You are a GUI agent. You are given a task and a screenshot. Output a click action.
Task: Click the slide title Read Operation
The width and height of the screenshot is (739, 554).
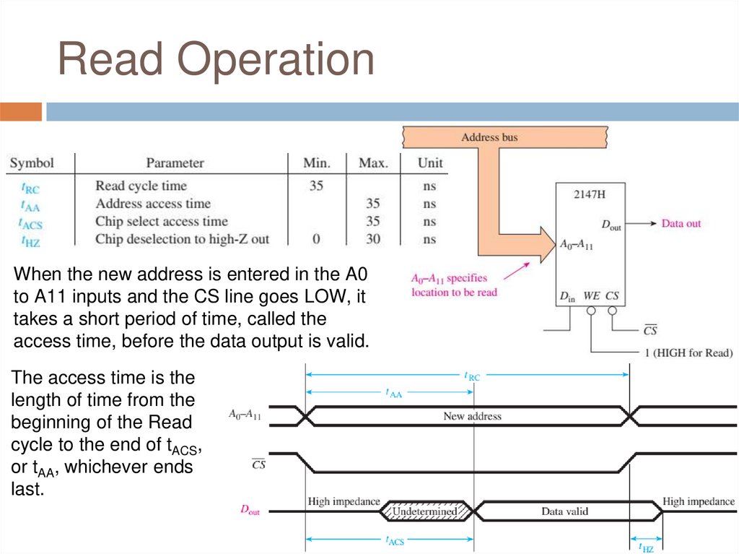pos(216,59)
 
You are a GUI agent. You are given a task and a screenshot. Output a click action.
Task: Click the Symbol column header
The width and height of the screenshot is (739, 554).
pos(32,163)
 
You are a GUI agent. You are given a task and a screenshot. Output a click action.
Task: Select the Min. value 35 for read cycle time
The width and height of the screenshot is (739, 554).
pos(316,186)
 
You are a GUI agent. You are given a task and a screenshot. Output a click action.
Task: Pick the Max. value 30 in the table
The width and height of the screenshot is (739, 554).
pos(373,239)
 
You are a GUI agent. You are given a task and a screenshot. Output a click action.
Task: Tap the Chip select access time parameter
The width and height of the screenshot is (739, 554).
pos(161,222)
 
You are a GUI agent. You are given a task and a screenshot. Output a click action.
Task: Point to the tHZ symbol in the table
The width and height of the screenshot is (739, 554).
pos(30,241)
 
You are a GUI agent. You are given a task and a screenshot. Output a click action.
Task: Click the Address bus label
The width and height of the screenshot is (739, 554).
pos(489,137)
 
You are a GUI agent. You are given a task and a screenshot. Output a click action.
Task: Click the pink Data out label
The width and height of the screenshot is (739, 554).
pos(681,224)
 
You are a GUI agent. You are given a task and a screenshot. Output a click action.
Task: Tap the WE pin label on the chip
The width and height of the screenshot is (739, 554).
pos(591,296)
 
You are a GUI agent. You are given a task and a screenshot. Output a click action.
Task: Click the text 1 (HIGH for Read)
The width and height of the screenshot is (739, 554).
pos(688,353)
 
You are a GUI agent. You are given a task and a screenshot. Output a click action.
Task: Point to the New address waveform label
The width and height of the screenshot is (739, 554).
pos(472,416)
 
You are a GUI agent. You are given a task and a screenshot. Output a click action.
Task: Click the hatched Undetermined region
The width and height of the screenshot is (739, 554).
pos(424,511)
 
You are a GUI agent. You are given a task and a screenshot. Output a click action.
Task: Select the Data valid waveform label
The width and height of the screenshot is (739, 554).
pos(564,511)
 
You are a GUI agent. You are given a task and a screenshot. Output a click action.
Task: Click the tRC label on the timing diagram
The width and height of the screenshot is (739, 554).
pos(471,376)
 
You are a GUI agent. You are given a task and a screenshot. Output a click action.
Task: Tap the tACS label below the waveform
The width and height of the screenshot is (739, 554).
pos(395,541)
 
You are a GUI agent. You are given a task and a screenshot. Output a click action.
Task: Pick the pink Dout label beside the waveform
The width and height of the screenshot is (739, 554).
pos(250,510)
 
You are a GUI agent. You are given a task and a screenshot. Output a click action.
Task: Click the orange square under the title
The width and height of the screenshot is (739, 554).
pos(21,112)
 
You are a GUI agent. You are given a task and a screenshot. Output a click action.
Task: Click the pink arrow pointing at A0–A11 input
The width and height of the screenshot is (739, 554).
pos(515,271)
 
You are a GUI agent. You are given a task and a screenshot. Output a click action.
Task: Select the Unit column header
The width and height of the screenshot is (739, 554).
pos(430,163)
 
